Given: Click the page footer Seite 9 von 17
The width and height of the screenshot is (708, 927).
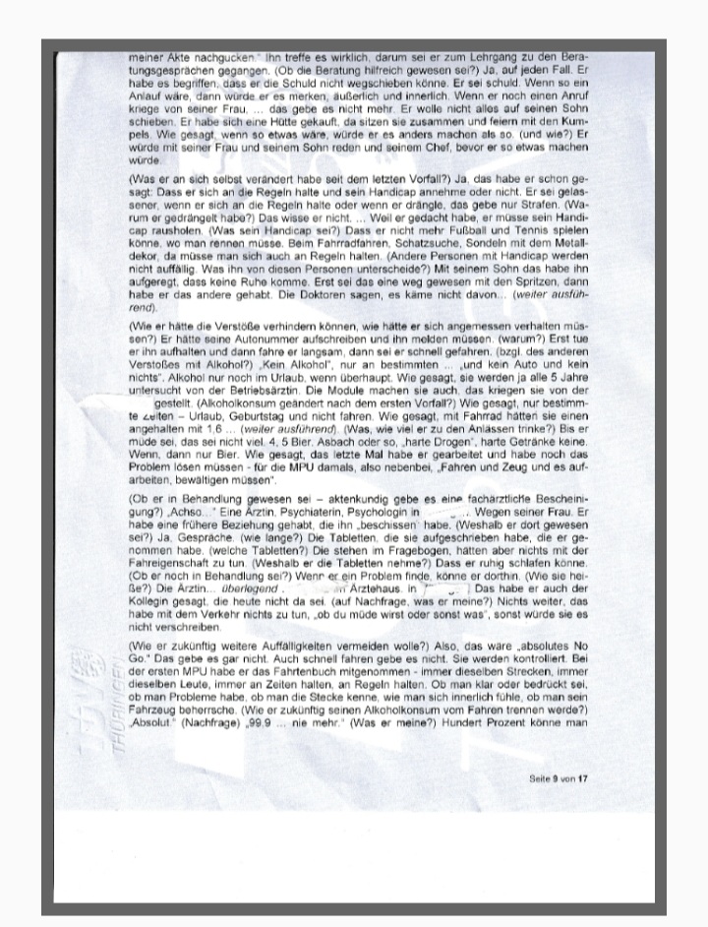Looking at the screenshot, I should click(558, 777).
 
